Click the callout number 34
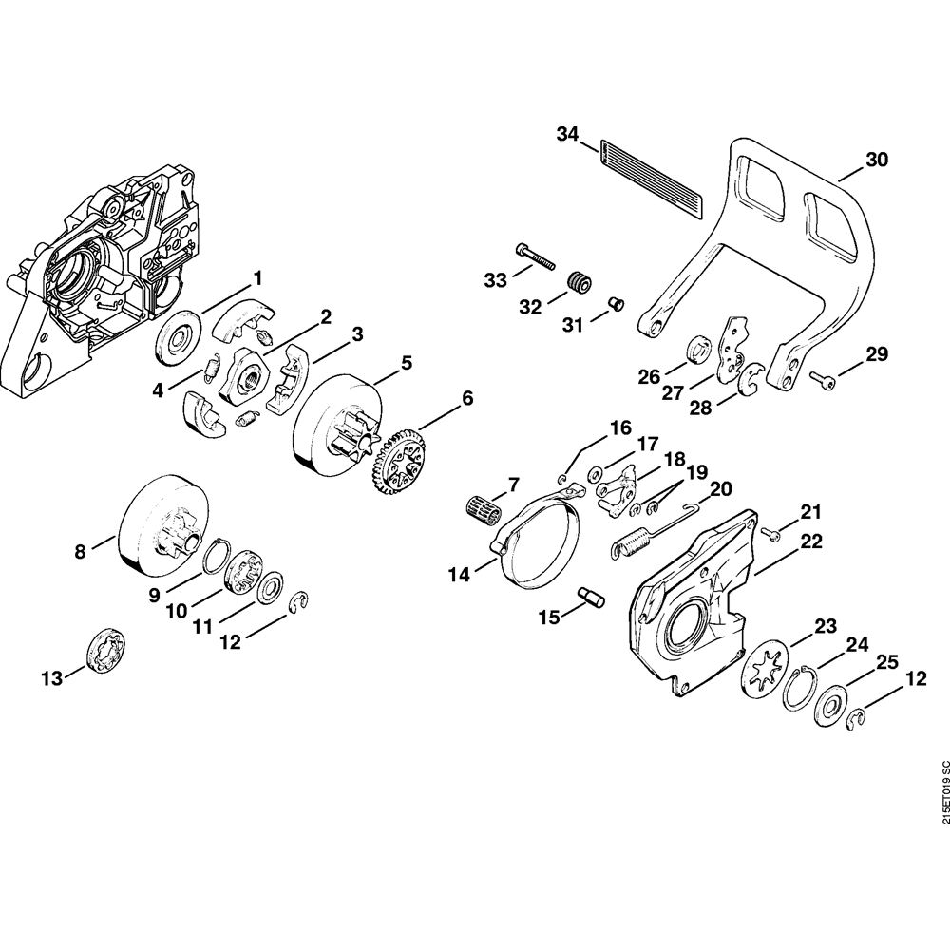[567, 135]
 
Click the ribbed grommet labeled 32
[579, 282]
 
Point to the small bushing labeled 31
[616, 303]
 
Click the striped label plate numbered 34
[651, 177]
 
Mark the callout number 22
[810, 541]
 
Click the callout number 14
[460, 573]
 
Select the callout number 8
[81, 550]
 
